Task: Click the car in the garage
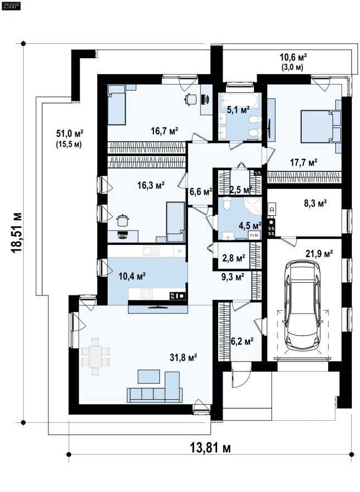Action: tap(302, 306)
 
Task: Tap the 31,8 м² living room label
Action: tap(184, 357)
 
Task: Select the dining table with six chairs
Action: tap(95, 356)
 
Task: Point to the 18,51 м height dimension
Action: tap(17, 232)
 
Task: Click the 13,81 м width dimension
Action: tap(210, 448)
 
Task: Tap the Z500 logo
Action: tap(11, 5)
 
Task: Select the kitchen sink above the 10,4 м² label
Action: tap(151, 251)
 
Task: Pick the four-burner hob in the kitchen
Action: tap(146, 294)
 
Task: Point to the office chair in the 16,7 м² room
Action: tap(190, 99)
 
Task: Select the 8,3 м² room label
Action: tap(315, 203)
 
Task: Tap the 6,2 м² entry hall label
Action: tap(242, 341)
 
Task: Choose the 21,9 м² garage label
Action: tap(319, 254)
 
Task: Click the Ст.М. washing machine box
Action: tap(254, 235)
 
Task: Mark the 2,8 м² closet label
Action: tap(234, 258)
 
